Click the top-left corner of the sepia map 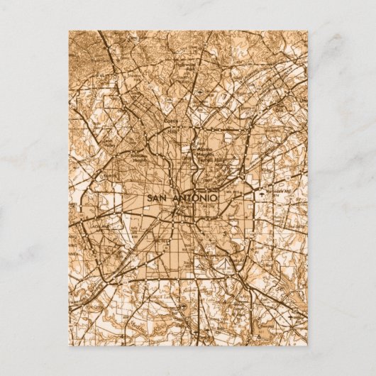click(69, 31)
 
